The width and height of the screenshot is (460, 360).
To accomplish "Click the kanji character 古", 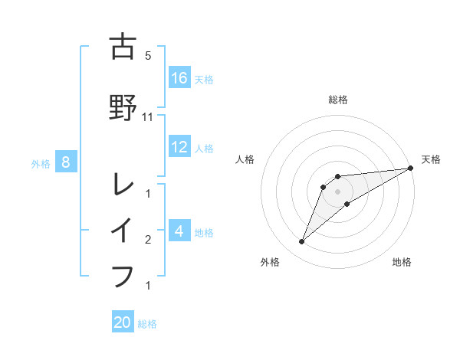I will [x=123, y=46].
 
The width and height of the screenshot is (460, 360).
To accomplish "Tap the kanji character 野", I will [x=123, y=108].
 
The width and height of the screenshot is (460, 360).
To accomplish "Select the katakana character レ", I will [x=123, y=184].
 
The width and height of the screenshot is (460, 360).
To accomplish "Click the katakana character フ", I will [x=123, y=275].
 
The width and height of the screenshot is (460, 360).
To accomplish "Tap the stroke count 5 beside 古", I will [x=148, y=56].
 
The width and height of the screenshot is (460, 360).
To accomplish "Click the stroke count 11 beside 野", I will [x=148, y=117].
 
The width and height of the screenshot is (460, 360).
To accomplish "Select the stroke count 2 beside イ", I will [x=148, y=240].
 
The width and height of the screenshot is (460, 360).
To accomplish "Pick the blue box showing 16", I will [x=179, y=78].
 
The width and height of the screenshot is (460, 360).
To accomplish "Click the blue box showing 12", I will [x=179, y=147].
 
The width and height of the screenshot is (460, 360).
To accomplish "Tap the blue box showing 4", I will [x=179, y=231].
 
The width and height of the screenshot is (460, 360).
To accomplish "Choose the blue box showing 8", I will [x=66, y=162].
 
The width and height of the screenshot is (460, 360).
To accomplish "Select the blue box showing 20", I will [x=123, y=322].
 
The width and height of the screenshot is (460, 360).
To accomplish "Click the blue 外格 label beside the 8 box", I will [x=41, y=163].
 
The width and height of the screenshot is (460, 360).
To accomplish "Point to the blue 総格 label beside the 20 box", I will [x=147, y=324].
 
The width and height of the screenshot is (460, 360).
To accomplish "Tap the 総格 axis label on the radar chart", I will [x=338, y=100].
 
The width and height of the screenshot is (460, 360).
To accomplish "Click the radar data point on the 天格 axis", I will [x=411, y=169].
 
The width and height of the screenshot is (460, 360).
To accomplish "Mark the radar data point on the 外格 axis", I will [x=302, y=242].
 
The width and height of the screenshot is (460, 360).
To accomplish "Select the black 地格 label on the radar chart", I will [x=402, y=262].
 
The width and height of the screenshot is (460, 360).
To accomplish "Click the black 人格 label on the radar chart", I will [x=245, y=159].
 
